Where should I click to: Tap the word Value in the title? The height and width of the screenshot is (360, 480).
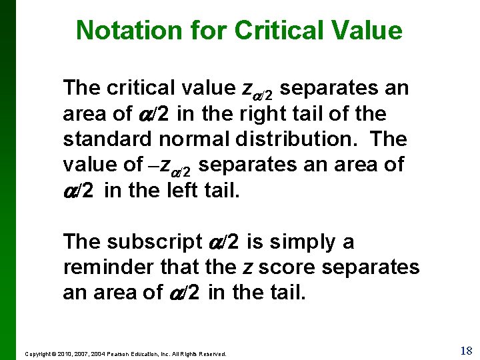[x=369, y=31]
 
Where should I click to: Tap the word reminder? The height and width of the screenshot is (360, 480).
[x=109, y=267]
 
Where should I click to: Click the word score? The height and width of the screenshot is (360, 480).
[x=285, y=267]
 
